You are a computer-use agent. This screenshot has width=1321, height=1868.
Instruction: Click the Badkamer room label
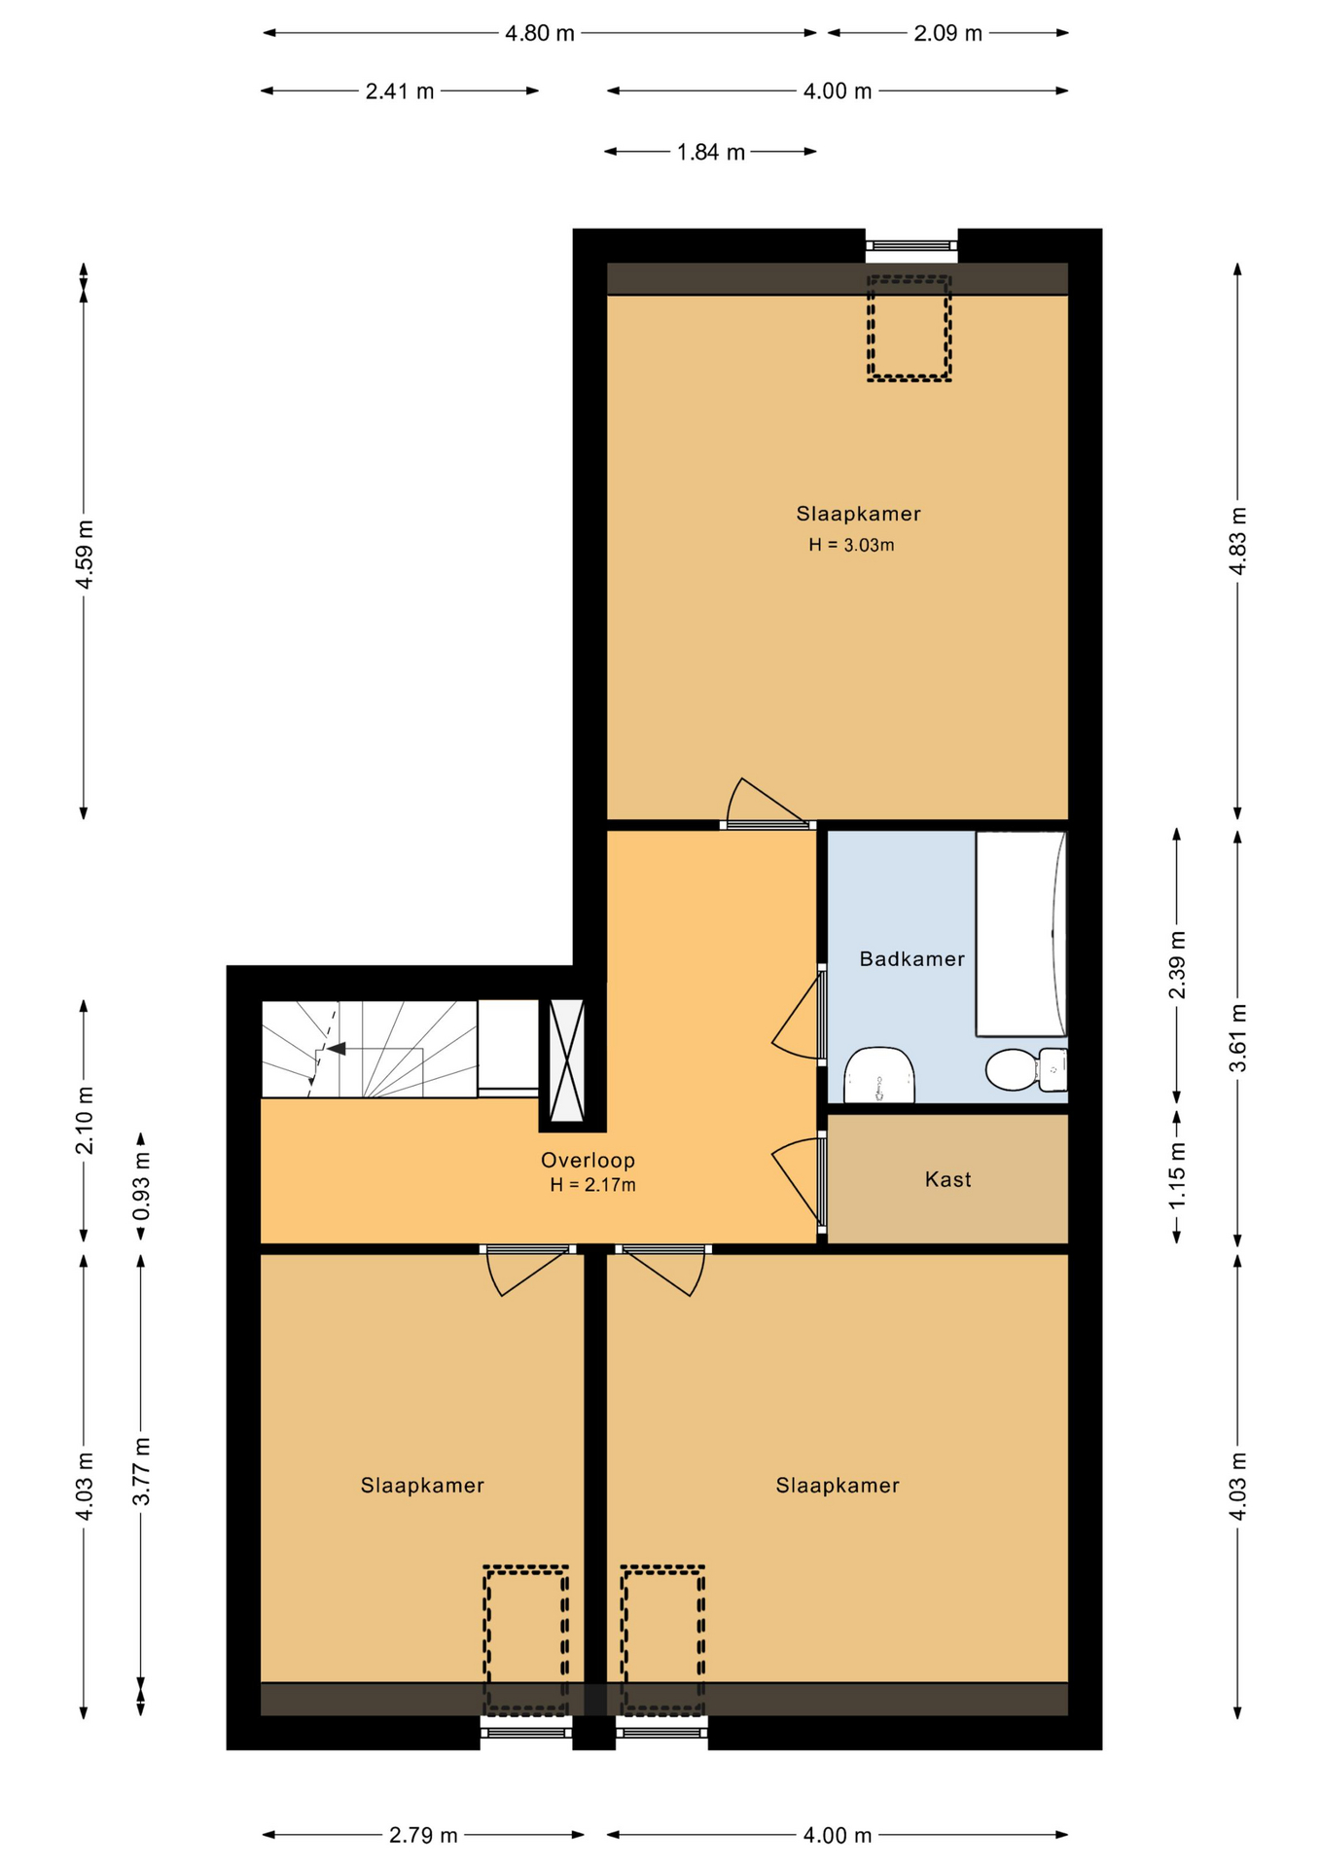911,958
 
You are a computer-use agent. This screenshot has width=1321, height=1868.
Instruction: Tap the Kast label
947,1179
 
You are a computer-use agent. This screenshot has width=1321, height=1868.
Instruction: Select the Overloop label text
588,1160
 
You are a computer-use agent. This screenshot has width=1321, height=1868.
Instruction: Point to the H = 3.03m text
851,545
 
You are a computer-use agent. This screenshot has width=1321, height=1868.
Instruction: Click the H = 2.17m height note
592,1185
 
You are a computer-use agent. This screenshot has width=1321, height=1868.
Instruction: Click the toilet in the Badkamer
1026,1070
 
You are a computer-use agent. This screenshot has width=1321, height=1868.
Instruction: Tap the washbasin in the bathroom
879,1075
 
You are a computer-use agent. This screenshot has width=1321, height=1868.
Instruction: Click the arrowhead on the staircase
337,1049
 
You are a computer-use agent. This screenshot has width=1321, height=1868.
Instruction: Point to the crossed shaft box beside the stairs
567,1060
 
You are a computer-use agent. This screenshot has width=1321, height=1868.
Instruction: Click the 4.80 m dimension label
539,33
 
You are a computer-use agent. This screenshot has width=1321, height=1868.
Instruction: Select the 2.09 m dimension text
947,33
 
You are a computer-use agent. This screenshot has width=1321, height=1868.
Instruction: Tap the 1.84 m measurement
711,152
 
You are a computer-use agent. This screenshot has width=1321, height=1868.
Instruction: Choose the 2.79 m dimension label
423,1835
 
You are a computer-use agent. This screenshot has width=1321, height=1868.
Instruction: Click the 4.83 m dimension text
1238,541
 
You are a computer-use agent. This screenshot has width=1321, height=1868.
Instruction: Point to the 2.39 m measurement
1177,964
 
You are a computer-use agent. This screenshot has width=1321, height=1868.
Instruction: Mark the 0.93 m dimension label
142,1186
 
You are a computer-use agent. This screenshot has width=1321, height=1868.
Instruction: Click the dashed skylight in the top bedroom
909,328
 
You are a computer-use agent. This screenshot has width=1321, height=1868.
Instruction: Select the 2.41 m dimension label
400,91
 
